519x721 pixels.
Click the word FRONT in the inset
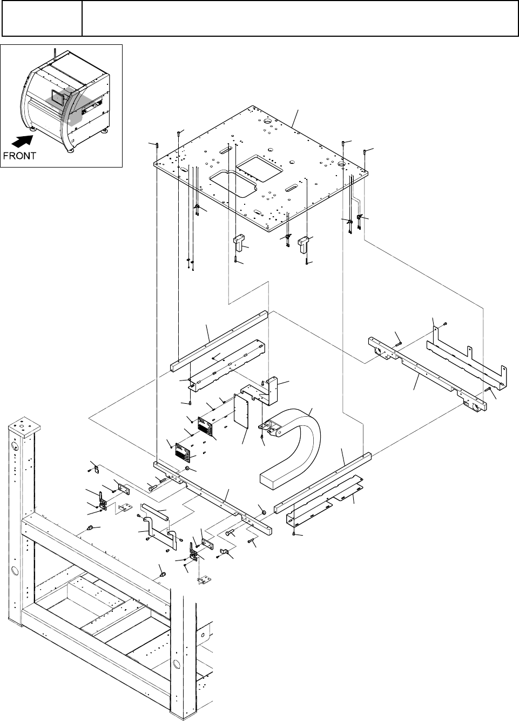(x=19, y=156)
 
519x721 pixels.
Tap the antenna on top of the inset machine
(x=55, y=52)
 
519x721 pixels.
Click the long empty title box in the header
(x=300, y=18)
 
